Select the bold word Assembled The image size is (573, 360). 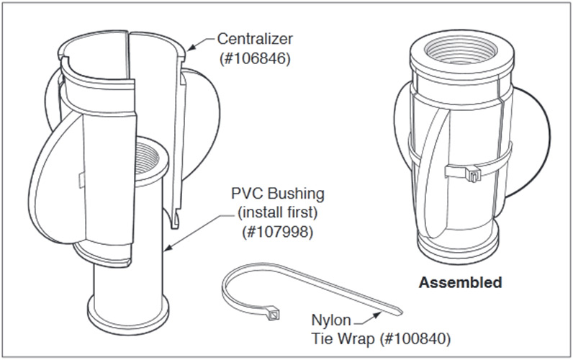point(460,282)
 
